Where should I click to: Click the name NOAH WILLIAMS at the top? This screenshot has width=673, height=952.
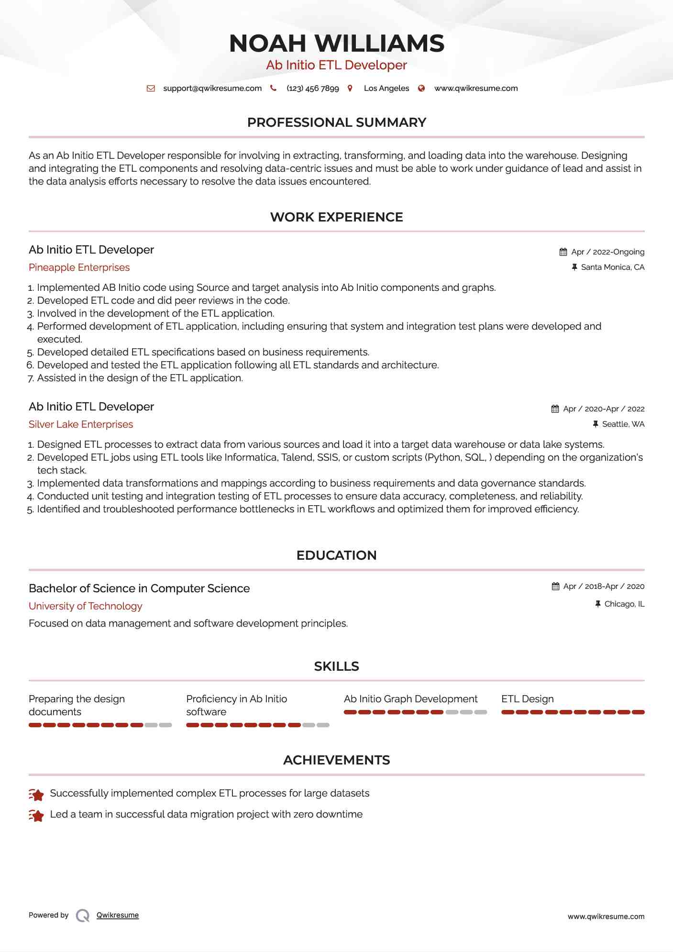tap(336, 44)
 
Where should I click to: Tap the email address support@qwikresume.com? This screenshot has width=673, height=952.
tap(212, 89)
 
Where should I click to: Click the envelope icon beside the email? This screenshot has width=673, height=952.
tap(151, 89)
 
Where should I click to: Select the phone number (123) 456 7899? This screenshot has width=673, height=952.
tap(312, 89)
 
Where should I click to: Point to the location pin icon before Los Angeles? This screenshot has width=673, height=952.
tap(350, 89)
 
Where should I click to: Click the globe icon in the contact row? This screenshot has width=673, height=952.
tap(421, 89)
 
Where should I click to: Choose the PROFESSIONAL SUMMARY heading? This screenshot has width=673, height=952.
tap(336, 122)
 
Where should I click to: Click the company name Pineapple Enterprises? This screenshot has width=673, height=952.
tap(79, 267)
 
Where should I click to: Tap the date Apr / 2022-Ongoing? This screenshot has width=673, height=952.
tap(607, 252)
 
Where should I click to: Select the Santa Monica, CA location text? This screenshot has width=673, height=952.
tap(612, 267)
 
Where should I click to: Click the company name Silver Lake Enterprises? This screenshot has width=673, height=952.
tap(81, 424)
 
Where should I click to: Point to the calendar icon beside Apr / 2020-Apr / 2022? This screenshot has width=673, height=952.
tap(555, 409)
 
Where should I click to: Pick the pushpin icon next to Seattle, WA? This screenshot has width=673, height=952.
tap(596, 424)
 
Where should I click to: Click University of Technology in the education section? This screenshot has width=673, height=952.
tap(86, 606)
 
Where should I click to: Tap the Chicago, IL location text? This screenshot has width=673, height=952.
tap(624, 604)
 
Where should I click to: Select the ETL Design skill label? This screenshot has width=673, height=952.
tap(528, 699)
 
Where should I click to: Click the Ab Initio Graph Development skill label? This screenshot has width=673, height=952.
tap(410, 699)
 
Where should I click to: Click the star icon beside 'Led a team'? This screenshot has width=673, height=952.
tap(36, 815)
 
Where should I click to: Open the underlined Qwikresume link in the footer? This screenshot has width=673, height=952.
tap(118, 915)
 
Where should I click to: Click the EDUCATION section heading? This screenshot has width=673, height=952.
tap(336, 555)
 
